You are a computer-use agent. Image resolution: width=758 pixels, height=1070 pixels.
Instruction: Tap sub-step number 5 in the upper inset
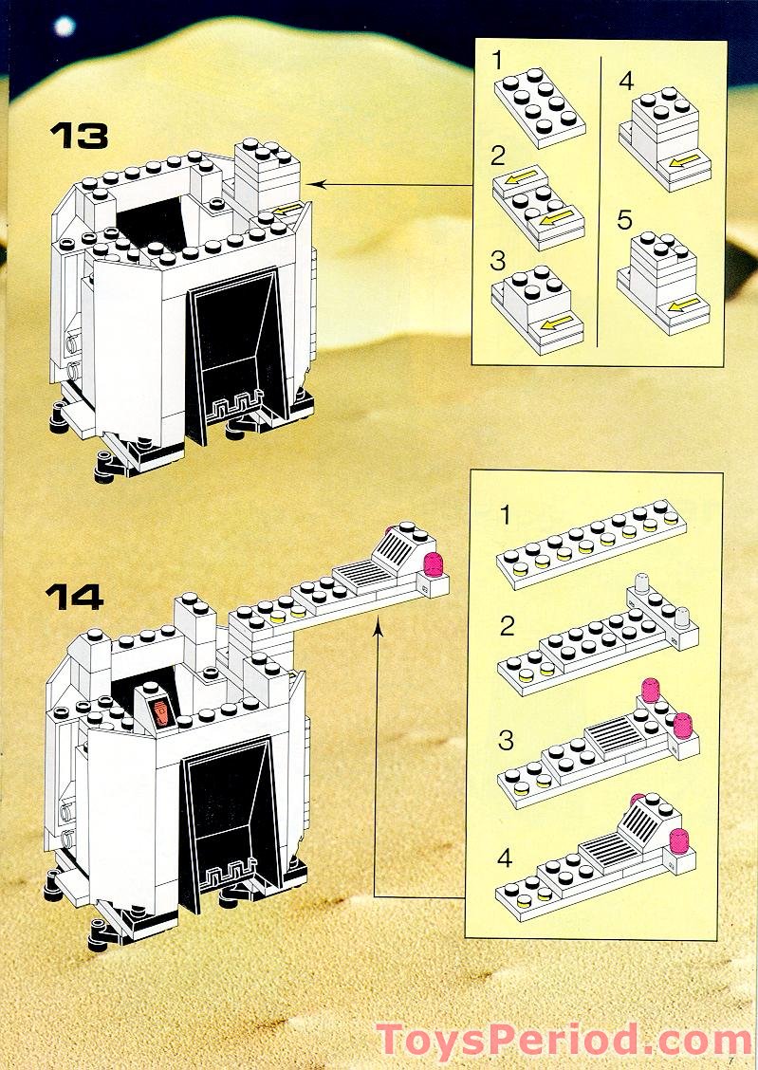tap(624, 220)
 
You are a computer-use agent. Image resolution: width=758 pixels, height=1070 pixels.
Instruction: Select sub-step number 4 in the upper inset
tap(625, 81)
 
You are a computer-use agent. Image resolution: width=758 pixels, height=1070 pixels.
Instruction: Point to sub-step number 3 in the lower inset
tap(506, 740)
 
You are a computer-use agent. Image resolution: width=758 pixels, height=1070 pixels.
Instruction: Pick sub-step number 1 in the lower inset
tap(506, 515)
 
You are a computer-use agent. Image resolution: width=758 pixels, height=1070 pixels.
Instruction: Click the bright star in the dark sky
tap(64, 26)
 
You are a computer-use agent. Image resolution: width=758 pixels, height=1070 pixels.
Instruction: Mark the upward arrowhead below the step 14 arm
tap(378, 627)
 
